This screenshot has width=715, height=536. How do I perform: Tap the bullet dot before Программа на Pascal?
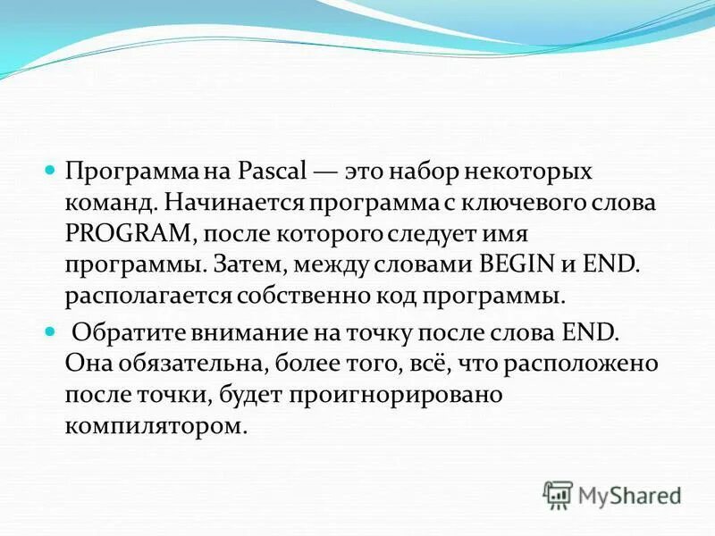pos(51,169)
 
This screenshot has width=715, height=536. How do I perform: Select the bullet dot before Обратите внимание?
pos(51,331)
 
